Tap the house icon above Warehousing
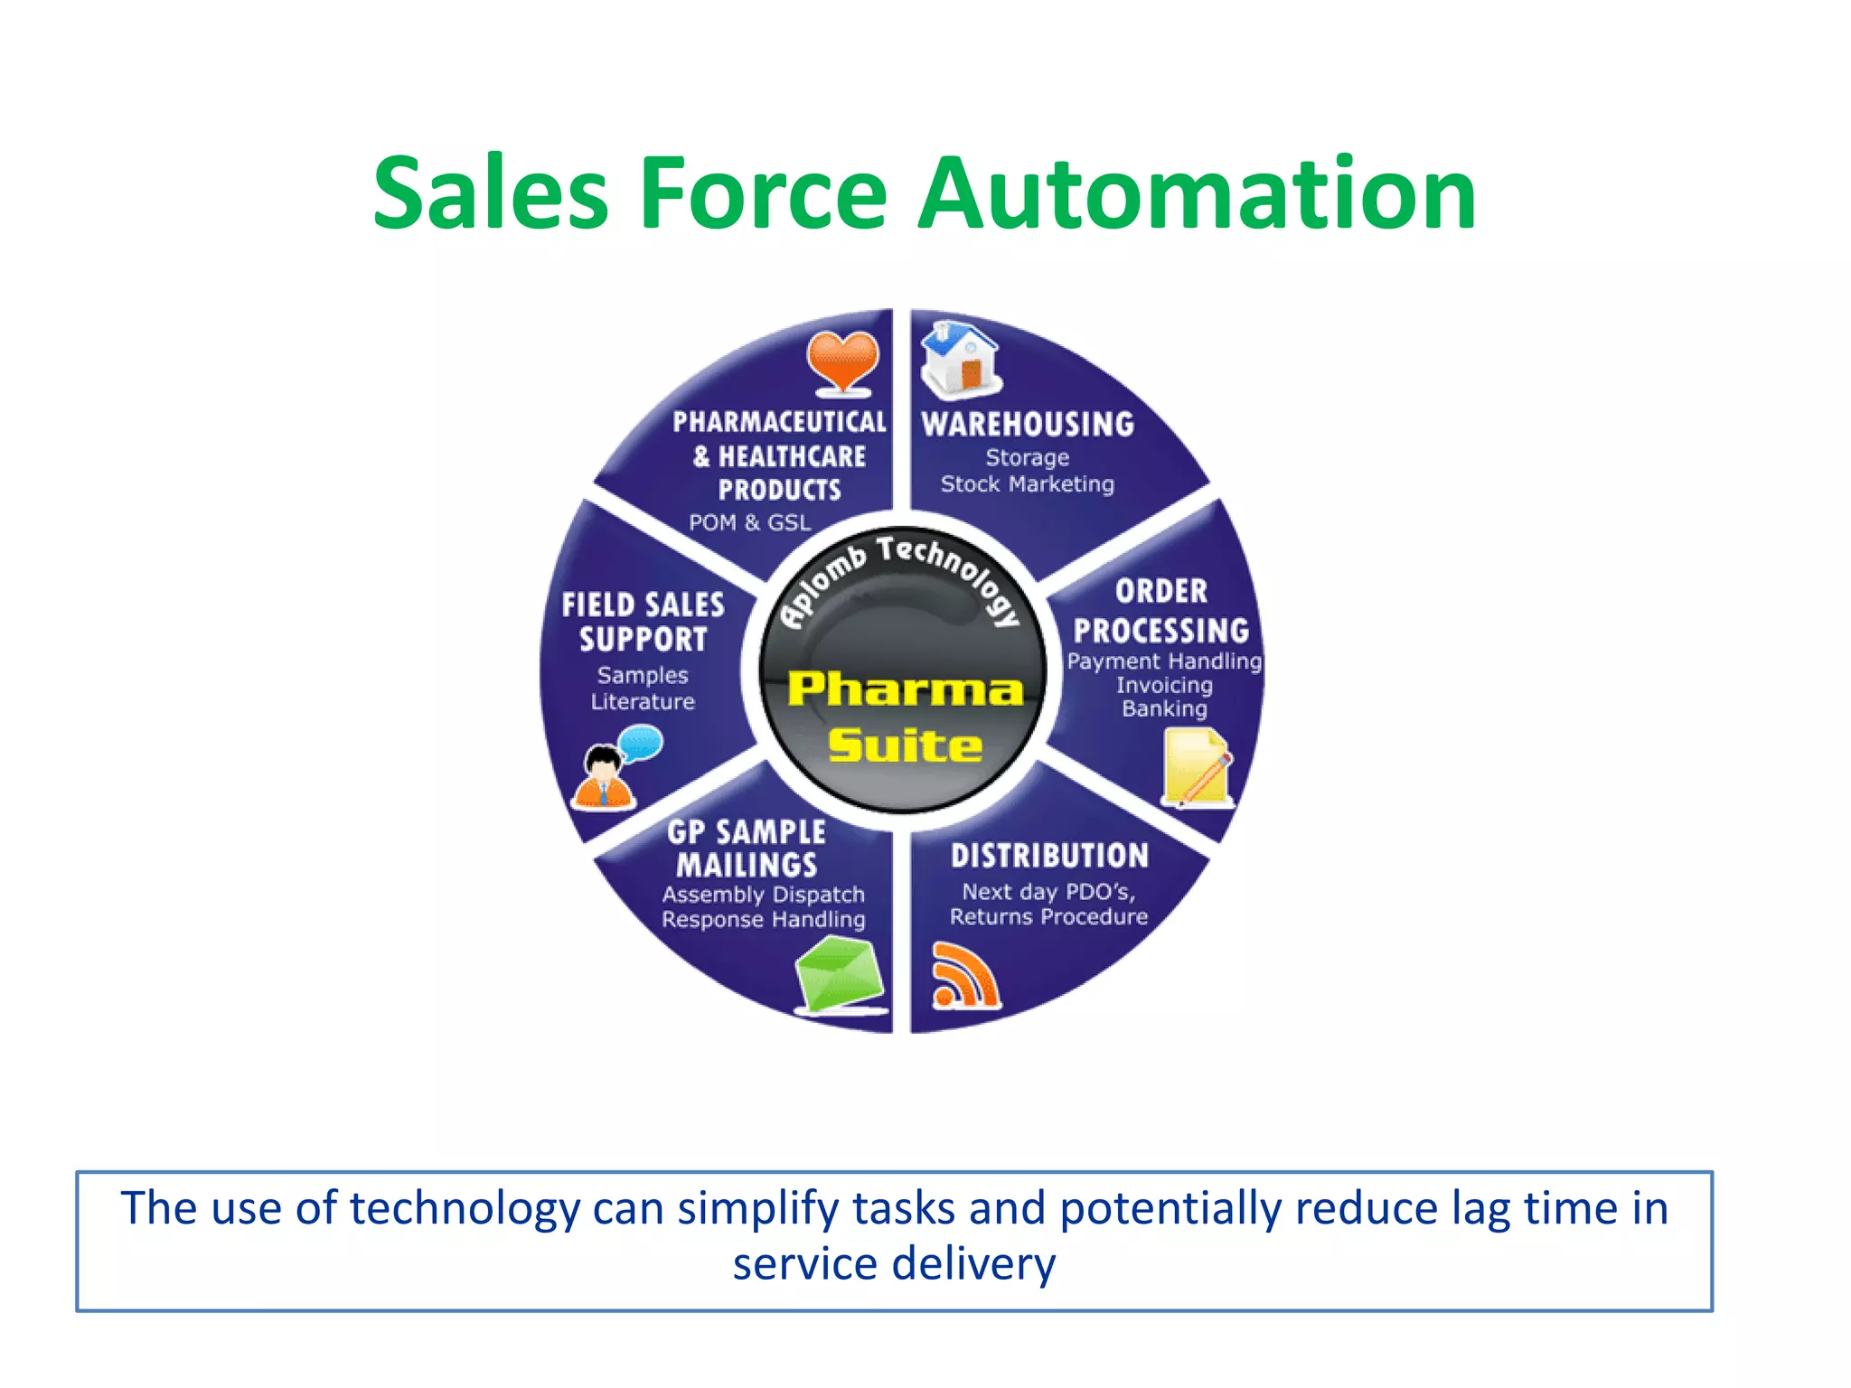[959, 360]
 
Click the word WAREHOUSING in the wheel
[1028, 424]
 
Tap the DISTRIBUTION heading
[1049, 855]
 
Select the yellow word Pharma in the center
[906, 689]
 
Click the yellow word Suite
[906, 746]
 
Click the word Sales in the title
[491, 193]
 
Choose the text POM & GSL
[750, 522]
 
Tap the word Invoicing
[1164, 685]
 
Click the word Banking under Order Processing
[1164, 708]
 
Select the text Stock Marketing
[1028, 484]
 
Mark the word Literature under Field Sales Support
[643, 701]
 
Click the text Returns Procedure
[1048, 916]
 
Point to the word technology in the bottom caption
[465, 1209]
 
